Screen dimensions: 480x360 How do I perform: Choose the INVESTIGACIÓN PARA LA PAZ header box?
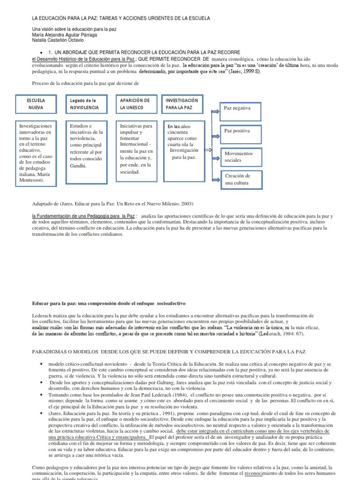184,104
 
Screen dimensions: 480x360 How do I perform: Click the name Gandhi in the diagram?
79,165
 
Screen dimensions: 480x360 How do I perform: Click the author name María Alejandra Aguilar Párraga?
64,35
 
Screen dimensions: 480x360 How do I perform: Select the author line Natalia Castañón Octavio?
58,40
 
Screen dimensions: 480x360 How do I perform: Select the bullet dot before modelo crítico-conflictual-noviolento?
43,364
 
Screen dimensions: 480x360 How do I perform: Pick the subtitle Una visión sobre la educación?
74,29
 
